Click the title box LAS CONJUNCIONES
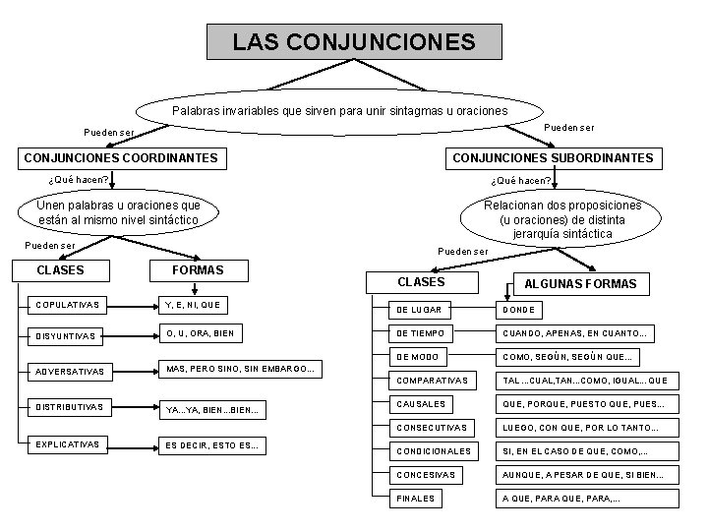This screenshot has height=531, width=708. tap(354, 43)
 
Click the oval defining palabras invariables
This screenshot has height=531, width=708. tap(339, 112)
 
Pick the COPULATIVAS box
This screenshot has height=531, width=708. tap(78, 304)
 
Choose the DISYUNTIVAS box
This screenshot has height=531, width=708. tap(78, 335)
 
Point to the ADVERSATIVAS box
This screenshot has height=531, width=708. tap(78, 372)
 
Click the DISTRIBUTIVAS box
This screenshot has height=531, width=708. tap(78, 406)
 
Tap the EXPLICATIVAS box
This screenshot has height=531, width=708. tap(78, 444)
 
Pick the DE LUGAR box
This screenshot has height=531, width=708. tap(432, 310)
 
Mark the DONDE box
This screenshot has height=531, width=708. tap(588, 310)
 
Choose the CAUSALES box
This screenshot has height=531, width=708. tap(432, 404)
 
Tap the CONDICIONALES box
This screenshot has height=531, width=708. tap(432, 451)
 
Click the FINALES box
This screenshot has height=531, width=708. tap(432, 499)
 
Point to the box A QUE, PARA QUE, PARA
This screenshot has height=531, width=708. tap(588, 499)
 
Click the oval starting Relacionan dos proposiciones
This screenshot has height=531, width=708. tap(562, 219)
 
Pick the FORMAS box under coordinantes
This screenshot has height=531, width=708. tap(197, 269)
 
